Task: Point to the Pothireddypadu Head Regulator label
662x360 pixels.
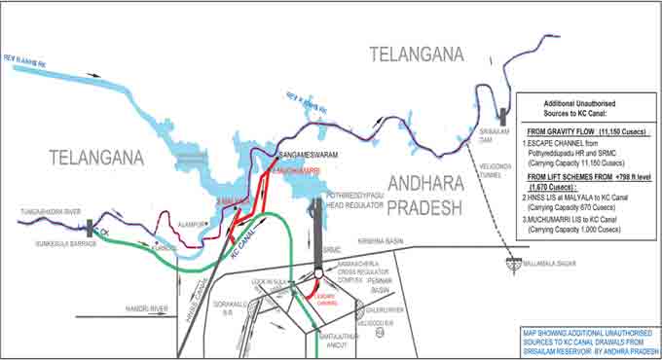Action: pos(361,198)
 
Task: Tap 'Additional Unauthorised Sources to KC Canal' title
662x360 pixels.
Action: pos(583,108)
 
